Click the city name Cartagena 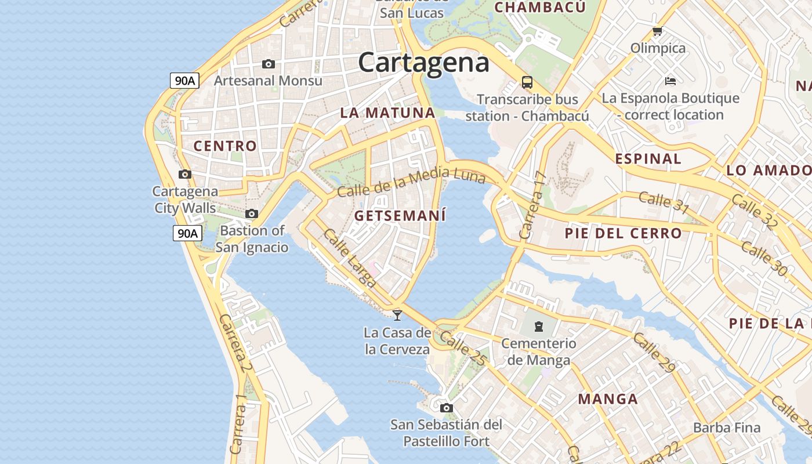423,63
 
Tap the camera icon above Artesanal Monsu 268,64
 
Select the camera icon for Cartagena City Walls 185,174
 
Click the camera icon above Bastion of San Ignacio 252,214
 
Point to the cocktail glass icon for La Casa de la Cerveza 397,315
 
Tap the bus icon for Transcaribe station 527,82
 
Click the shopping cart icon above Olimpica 657,31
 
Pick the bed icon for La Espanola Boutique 670,81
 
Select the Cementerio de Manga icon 539,327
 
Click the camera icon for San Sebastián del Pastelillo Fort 446,408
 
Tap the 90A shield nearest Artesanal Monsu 185,81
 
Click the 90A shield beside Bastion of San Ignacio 187,234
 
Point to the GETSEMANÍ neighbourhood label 400,216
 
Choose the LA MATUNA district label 387,113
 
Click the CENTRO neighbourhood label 225,146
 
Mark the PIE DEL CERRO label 623,234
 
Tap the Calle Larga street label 350,259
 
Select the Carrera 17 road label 532,205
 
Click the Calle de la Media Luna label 411,182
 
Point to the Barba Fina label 727,428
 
